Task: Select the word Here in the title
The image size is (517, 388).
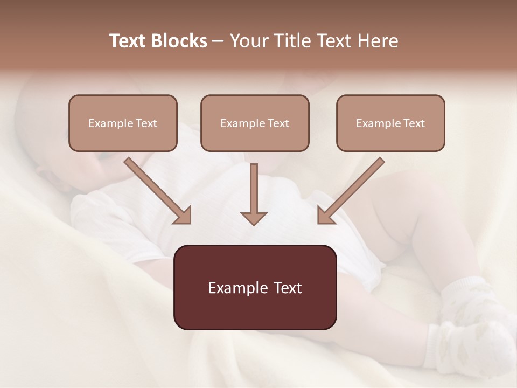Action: [x=378, y=41]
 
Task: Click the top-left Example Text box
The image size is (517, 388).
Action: [x=123, y=123]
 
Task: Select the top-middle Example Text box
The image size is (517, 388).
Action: [x=255, y=123]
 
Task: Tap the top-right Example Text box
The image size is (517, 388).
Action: [x=390, y=123]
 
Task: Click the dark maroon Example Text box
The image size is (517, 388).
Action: [x=255, y=287]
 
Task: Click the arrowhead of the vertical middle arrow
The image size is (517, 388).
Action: [x=254, y=218]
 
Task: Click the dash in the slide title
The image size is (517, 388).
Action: [x=218, y=41]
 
